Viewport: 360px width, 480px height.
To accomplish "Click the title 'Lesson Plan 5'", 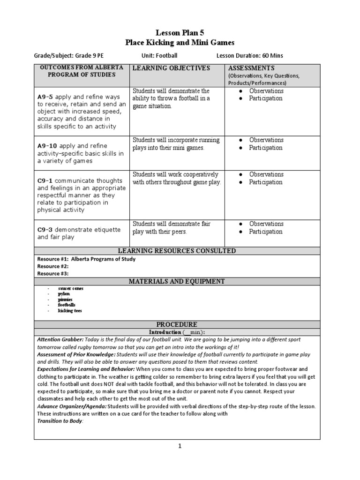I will [x=180, y=32].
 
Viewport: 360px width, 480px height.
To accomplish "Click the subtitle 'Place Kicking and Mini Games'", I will [x=180, y=42].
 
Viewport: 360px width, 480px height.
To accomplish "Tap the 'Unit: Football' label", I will [x=160, y=56].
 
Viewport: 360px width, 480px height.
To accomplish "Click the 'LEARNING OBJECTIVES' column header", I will [x=171, y=68].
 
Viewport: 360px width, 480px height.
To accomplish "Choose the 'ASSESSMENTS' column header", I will [x=251, y=68].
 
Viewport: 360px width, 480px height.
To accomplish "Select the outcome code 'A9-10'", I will [x=47, y=146].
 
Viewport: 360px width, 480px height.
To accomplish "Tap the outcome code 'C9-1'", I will [x=45, y=180].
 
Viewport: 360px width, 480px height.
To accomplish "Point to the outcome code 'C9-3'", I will [x=45, y=230].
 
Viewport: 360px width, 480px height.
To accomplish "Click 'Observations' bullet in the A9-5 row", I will [x=266, y=91].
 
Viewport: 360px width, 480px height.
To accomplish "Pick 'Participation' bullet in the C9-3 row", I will [x=265, y=232].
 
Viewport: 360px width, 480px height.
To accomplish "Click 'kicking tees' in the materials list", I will [x=70, y=311].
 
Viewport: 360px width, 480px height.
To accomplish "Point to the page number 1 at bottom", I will [x=180, y=446].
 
